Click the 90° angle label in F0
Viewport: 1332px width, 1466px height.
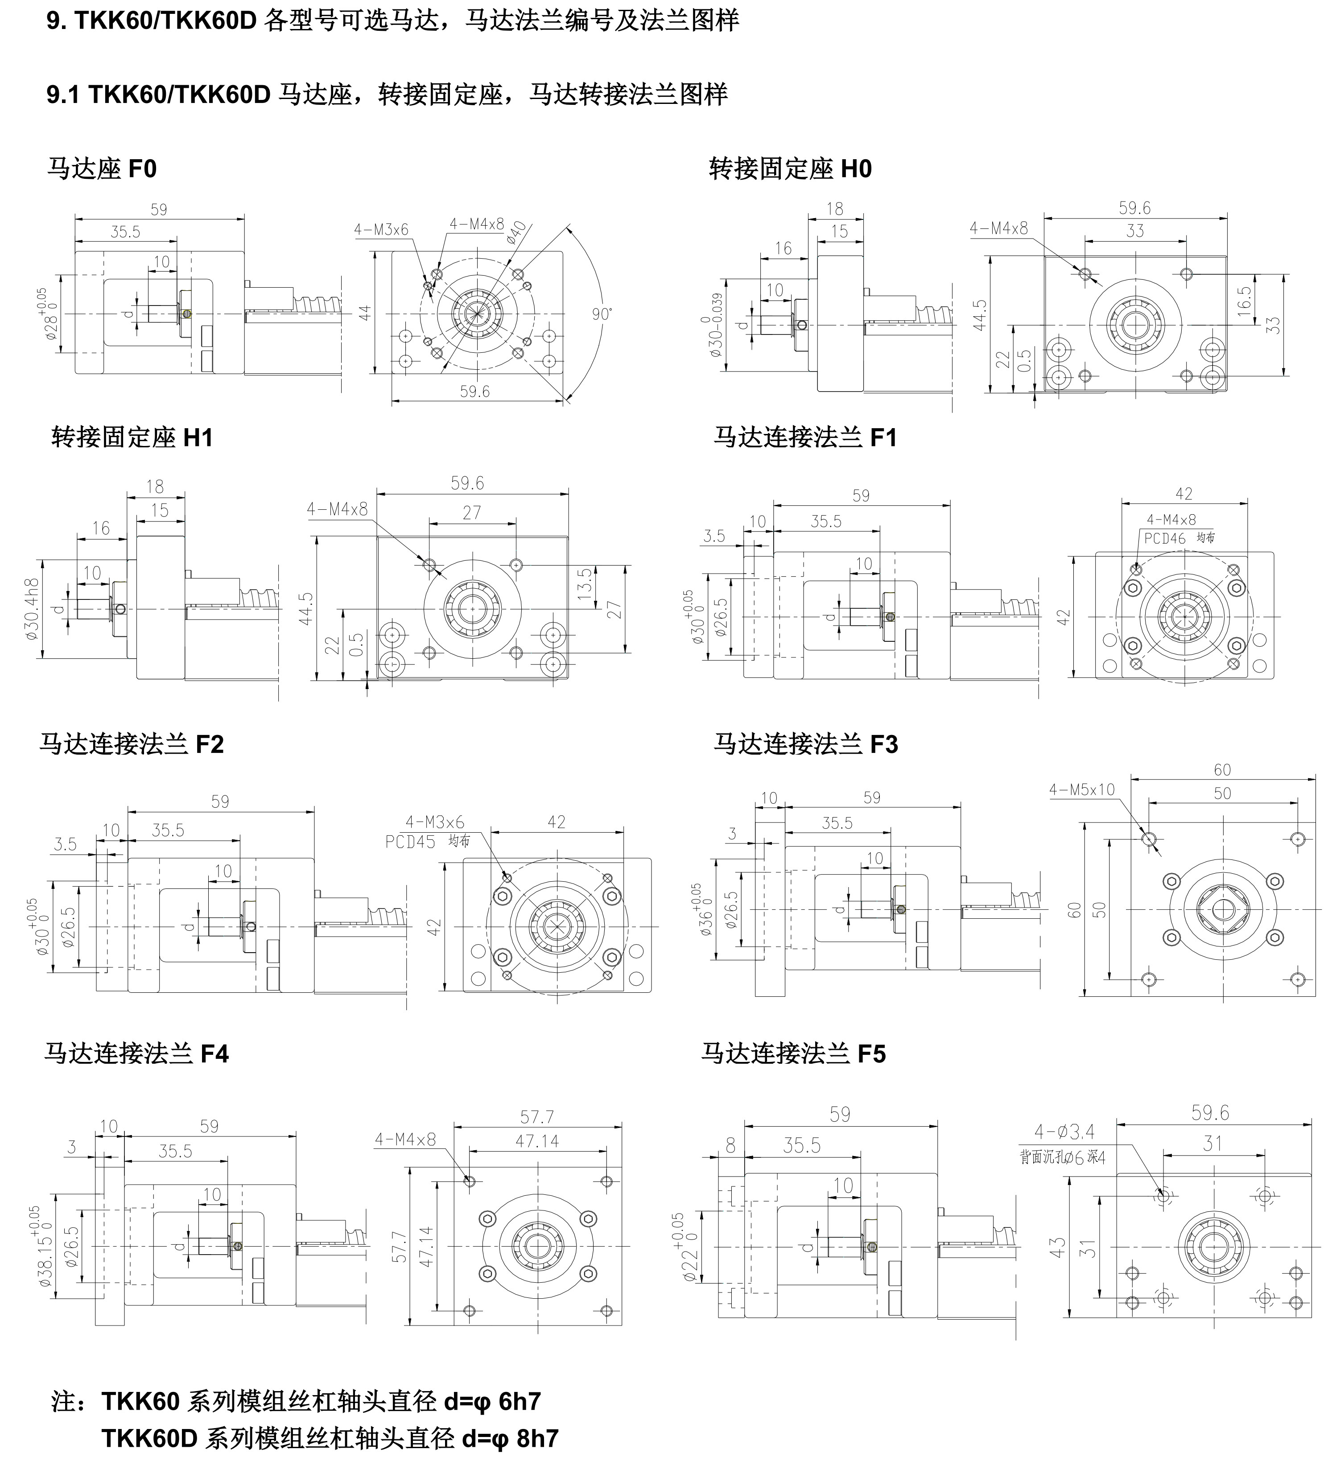point(602,314)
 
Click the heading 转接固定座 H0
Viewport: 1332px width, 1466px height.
point(790,169)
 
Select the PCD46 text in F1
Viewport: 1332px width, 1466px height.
point(1164,538)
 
